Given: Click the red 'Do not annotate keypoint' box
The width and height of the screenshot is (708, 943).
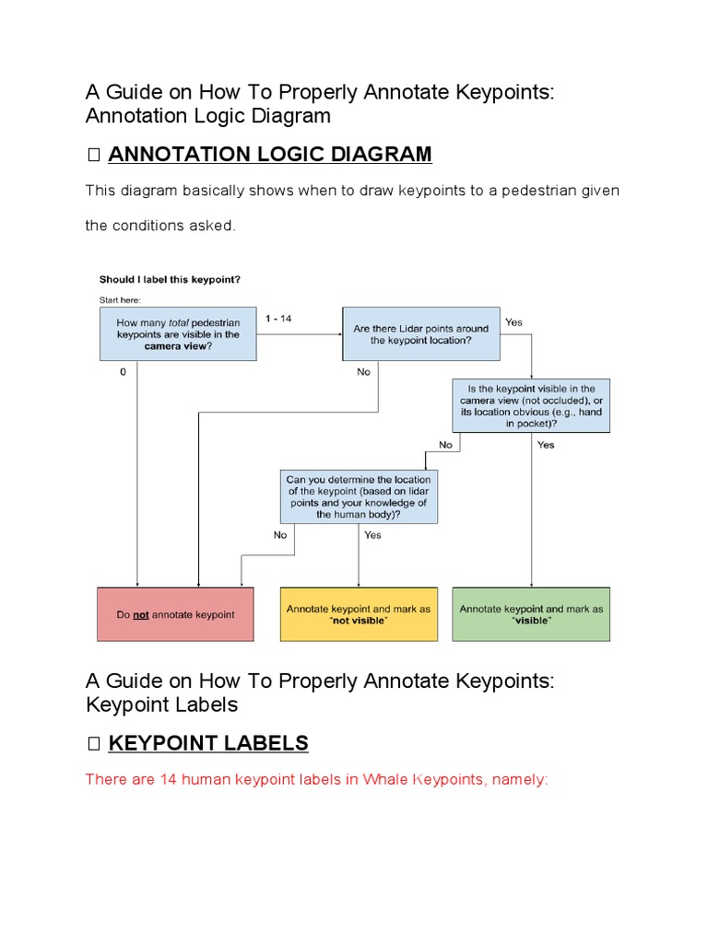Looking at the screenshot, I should (174, 614).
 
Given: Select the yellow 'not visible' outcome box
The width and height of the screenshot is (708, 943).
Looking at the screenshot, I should (359, 614).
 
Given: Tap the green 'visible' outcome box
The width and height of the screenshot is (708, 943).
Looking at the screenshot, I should (531, 614).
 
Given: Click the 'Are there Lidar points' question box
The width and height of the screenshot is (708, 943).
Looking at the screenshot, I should (421, 333).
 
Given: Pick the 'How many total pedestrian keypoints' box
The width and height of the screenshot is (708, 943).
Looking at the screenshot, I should (178, 333).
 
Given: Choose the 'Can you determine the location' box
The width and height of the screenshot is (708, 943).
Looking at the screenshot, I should (359, 497).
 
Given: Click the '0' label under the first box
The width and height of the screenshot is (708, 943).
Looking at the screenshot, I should (123, 372).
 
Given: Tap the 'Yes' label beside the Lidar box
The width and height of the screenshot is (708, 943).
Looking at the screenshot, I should (513, 322).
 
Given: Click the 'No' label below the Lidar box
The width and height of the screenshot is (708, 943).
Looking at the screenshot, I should (364, 372).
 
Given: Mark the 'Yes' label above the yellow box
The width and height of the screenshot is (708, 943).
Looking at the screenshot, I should (372, 535).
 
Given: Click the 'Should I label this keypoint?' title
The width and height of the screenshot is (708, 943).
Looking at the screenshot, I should (171, 279).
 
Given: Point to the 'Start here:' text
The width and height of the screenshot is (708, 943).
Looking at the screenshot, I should (121, 299).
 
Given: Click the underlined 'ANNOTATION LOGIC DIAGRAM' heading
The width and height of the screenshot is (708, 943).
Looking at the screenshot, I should (269, 155).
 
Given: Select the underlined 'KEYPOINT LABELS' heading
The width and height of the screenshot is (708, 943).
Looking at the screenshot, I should (208, 743).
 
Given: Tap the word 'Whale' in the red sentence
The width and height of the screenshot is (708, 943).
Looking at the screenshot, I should (385, 780).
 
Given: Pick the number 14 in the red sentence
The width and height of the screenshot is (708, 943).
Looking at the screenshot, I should (168, 780).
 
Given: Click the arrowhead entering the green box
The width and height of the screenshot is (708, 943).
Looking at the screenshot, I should (531, 583).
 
